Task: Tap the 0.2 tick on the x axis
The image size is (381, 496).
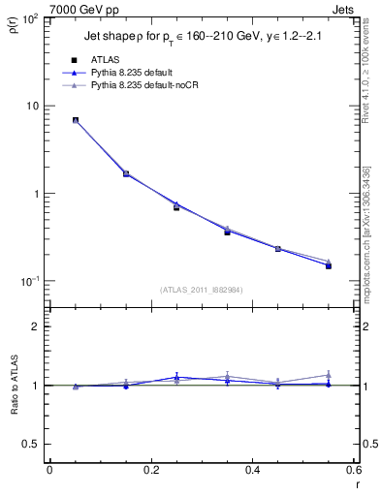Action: click(150, 470)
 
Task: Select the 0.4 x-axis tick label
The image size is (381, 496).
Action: click(252, 470)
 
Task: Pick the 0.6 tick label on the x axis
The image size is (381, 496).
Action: click(353, 470)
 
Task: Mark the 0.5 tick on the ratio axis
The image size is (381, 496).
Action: click(31, 444)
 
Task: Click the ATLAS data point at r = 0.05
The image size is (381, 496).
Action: click(75, 120)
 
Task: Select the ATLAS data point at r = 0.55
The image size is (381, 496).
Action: click(329, 265)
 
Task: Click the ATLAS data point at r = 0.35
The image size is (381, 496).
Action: click(227, 232)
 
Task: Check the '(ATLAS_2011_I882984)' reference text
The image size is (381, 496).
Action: click(202, 289)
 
